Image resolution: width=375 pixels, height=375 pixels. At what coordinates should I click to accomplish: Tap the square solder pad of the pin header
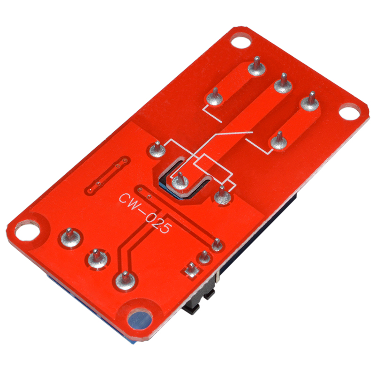192,270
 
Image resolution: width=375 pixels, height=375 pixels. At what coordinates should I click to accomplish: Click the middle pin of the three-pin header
204,257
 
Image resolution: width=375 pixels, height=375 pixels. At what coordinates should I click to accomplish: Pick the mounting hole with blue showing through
139,320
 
